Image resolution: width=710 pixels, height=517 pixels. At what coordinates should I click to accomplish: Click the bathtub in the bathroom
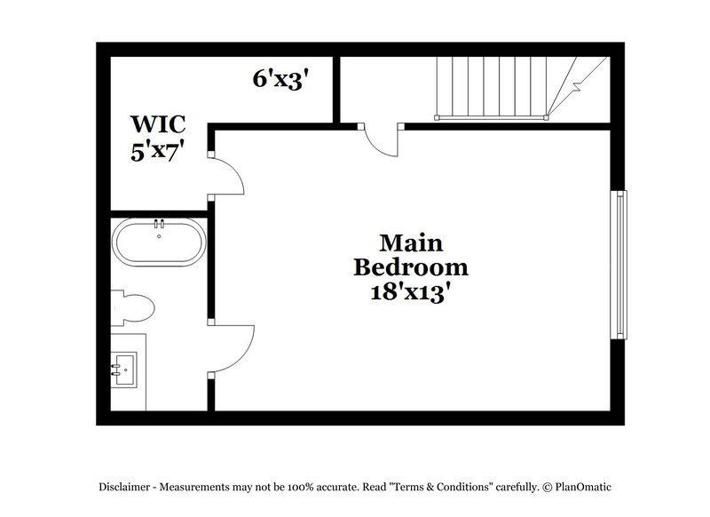pos(159,243)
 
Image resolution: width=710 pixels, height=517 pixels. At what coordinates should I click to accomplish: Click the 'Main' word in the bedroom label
pos(411,242)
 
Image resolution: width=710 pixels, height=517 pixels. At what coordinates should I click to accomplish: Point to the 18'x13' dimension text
pos(411,293)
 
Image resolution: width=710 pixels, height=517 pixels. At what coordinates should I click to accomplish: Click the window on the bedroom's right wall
pos(618,263)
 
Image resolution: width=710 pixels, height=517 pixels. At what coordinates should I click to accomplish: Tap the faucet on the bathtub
pos(159,223)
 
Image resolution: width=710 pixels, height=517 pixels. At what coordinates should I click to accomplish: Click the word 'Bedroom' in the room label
pos(411,266)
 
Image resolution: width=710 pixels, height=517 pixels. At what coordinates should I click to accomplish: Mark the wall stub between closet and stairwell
pos(336,89)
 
